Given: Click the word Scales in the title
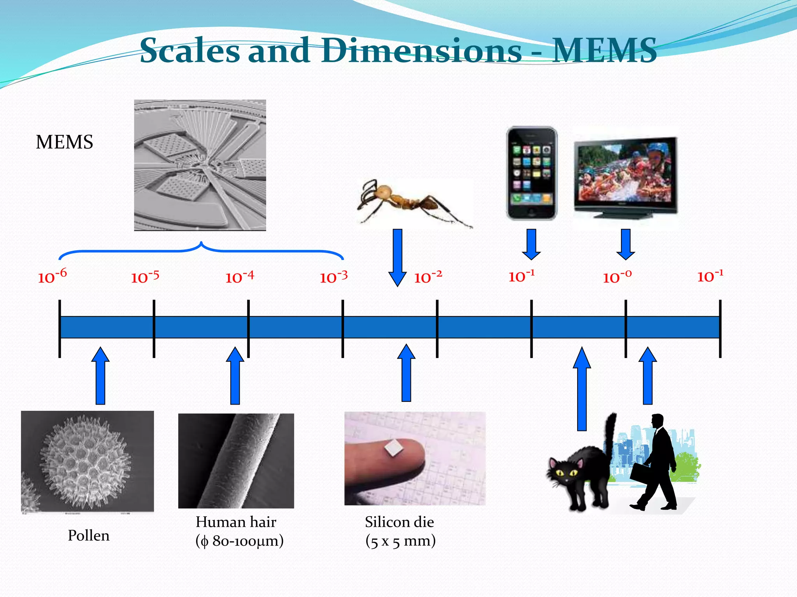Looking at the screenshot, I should (190, 51).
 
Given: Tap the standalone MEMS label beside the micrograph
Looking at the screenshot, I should (65, 142).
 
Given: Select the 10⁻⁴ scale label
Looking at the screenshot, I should (240, 277).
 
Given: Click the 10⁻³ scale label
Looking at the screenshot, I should (334, 277).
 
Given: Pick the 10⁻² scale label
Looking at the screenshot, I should (428, 277).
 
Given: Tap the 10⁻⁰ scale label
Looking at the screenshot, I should (617, 277).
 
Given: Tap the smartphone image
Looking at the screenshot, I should (532, 173).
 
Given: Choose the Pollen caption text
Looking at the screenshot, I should (89, 536).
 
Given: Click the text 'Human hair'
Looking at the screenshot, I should (236, 522).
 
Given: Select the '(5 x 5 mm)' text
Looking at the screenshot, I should (400, 541).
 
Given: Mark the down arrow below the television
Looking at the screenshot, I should (626, 244).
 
